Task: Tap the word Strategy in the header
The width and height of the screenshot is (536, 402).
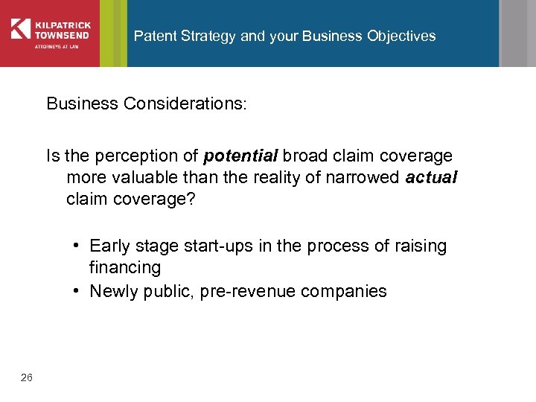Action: click(207, 36)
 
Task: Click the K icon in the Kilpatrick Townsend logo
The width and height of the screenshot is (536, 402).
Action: click(20, 29)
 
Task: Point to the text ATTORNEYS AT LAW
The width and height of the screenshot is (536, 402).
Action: click(53, 47)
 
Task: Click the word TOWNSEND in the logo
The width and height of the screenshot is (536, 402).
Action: click(59, 34)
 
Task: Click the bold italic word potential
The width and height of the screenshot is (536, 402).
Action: click(240, 156)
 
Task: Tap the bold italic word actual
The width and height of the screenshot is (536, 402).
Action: click(431, 178)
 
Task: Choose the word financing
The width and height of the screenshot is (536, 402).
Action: click(125, 267)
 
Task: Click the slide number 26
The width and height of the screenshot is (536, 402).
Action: click(27, 378)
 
